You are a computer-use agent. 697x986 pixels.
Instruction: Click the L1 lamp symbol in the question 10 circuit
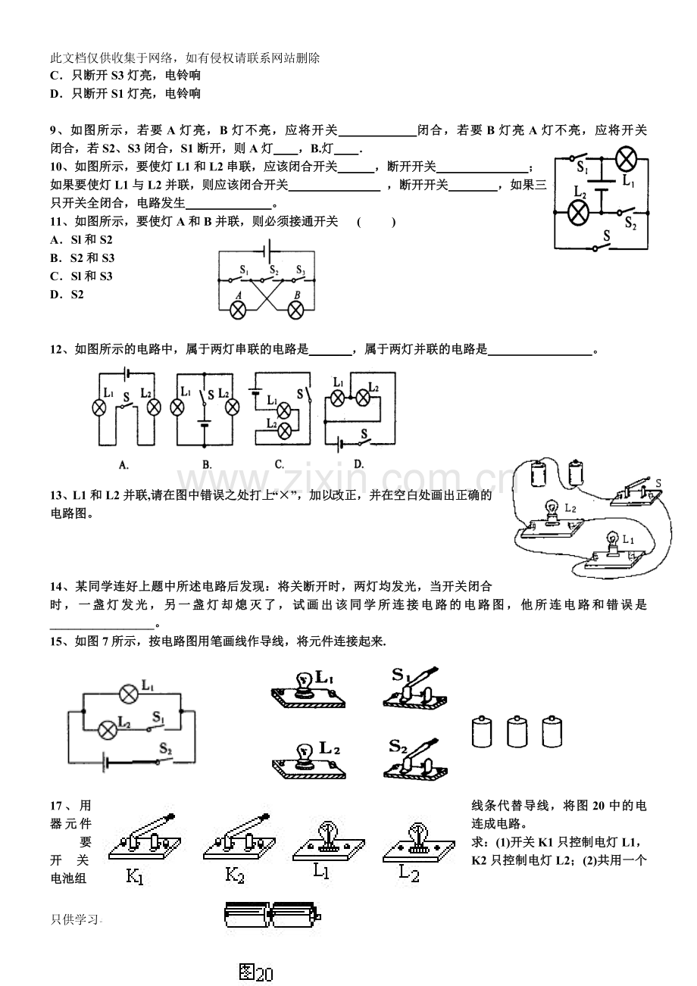tap(626, 159)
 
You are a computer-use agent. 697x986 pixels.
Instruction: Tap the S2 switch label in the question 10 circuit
tap(630, 223)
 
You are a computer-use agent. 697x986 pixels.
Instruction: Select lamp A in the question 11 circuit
tap(238, 310)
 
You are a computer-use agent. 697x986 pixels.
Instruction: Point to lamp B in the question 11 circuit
tap(295, 310)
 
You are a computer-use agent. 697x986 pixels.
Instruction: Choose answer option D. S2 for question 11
tap(67, 295)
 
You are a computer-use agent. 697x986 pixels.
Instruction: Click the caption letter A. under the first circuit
tap(123, 464)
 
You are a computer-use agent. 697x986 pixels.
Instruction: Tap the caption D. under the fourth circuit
tap(359, 464)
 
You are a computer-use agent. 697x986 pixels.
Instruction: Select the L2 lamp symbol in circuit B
tap(232, 407)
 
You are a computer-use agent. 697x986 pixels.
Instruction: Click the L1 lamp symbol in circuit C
tap(283, 411)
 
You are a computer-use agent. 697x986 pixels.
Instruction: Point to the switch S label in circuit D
tap(364, 434)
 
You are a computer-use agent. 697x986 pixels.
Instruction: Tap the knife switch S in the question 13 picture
tap(636, 491)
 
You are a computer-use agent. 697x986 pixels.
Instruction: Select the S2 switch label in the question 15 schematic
tap(166, 748)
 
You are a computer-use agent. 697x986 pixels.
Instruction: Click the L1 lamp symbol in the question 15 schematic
tap(129, 694)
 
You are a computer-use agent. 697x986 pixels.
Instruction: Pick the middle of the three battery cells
tap(517, 732)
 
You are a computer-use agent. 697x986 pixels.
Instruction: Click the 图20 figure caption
tap(255, 972)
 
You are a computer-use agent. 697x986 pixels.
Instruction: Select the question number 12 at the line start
tap(57, 350)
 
